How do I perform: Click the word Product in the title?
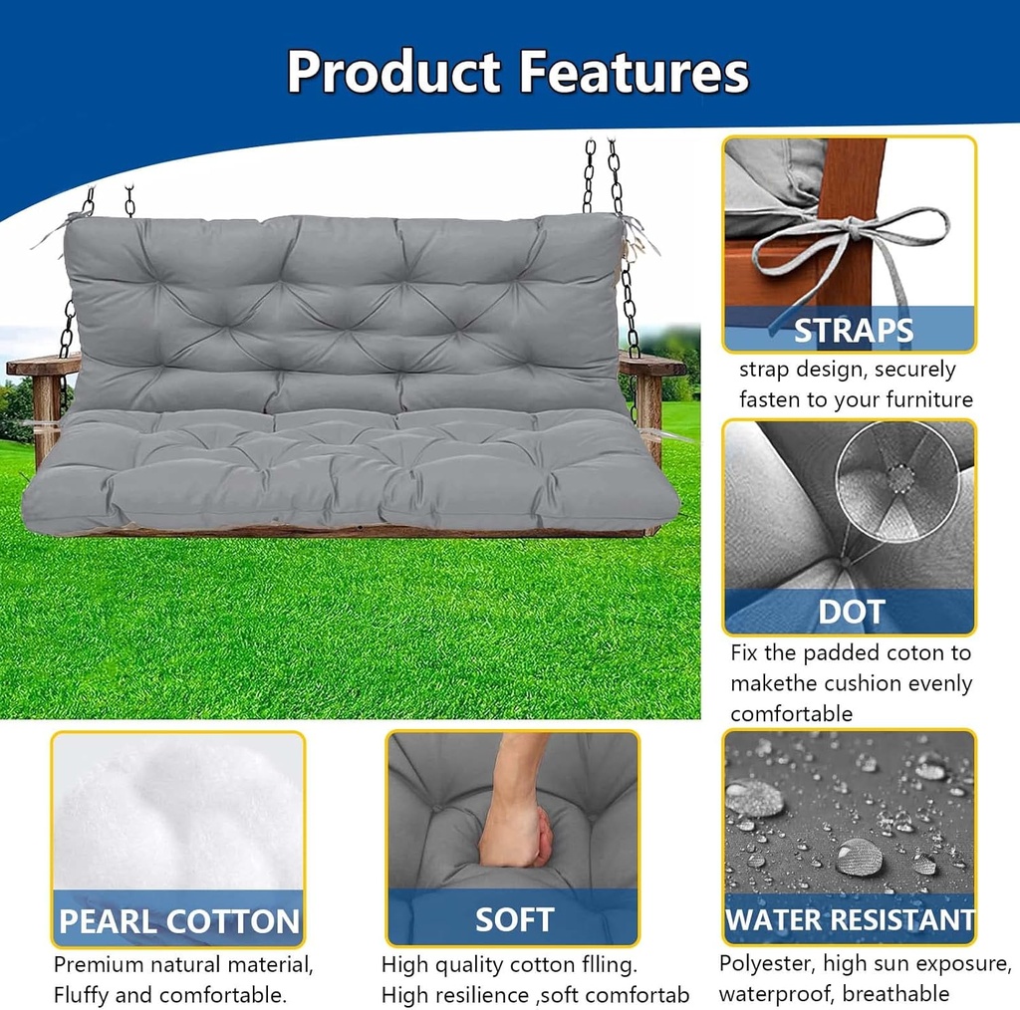pos(393,72)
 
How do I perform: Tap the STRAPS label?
pos(852,331)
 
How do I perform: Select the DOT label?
pos(851,612)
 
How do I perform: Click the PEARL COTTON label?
pos(178,921)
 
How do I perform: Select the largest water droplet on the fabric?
pos(859,856)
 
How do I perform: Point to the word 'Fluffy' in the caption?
pos(86,994)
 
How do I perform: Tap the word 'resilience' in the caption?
pos(481,994)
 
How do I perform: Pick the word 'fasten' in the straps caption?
pos(770,399)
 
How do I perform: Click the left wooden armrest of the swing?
pos(42,367)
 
